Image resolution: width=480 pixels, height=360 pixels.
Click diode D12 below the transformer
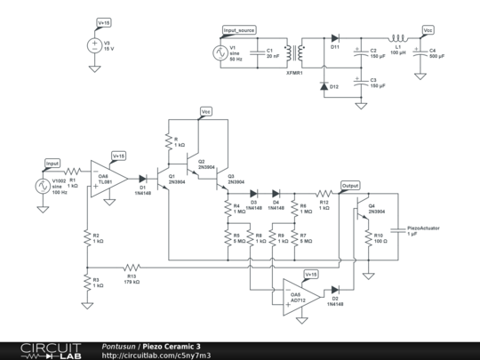334,85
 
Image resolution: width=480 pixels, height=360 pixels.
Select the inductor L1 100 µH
400,38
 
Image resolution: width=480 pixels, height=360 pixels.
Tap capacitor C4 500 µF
421,52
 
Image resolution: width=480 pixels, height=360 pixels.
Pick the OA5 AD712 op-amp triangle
290,291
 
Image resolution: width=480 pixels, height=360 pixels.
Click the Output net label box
350,186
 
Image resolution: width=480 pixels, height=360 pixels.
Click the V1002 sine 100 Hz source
40,186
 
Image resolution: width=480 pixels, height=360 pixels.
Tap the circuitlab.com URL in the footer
156,355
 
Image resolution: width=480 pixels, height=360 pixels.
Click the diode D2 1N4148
335,291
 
